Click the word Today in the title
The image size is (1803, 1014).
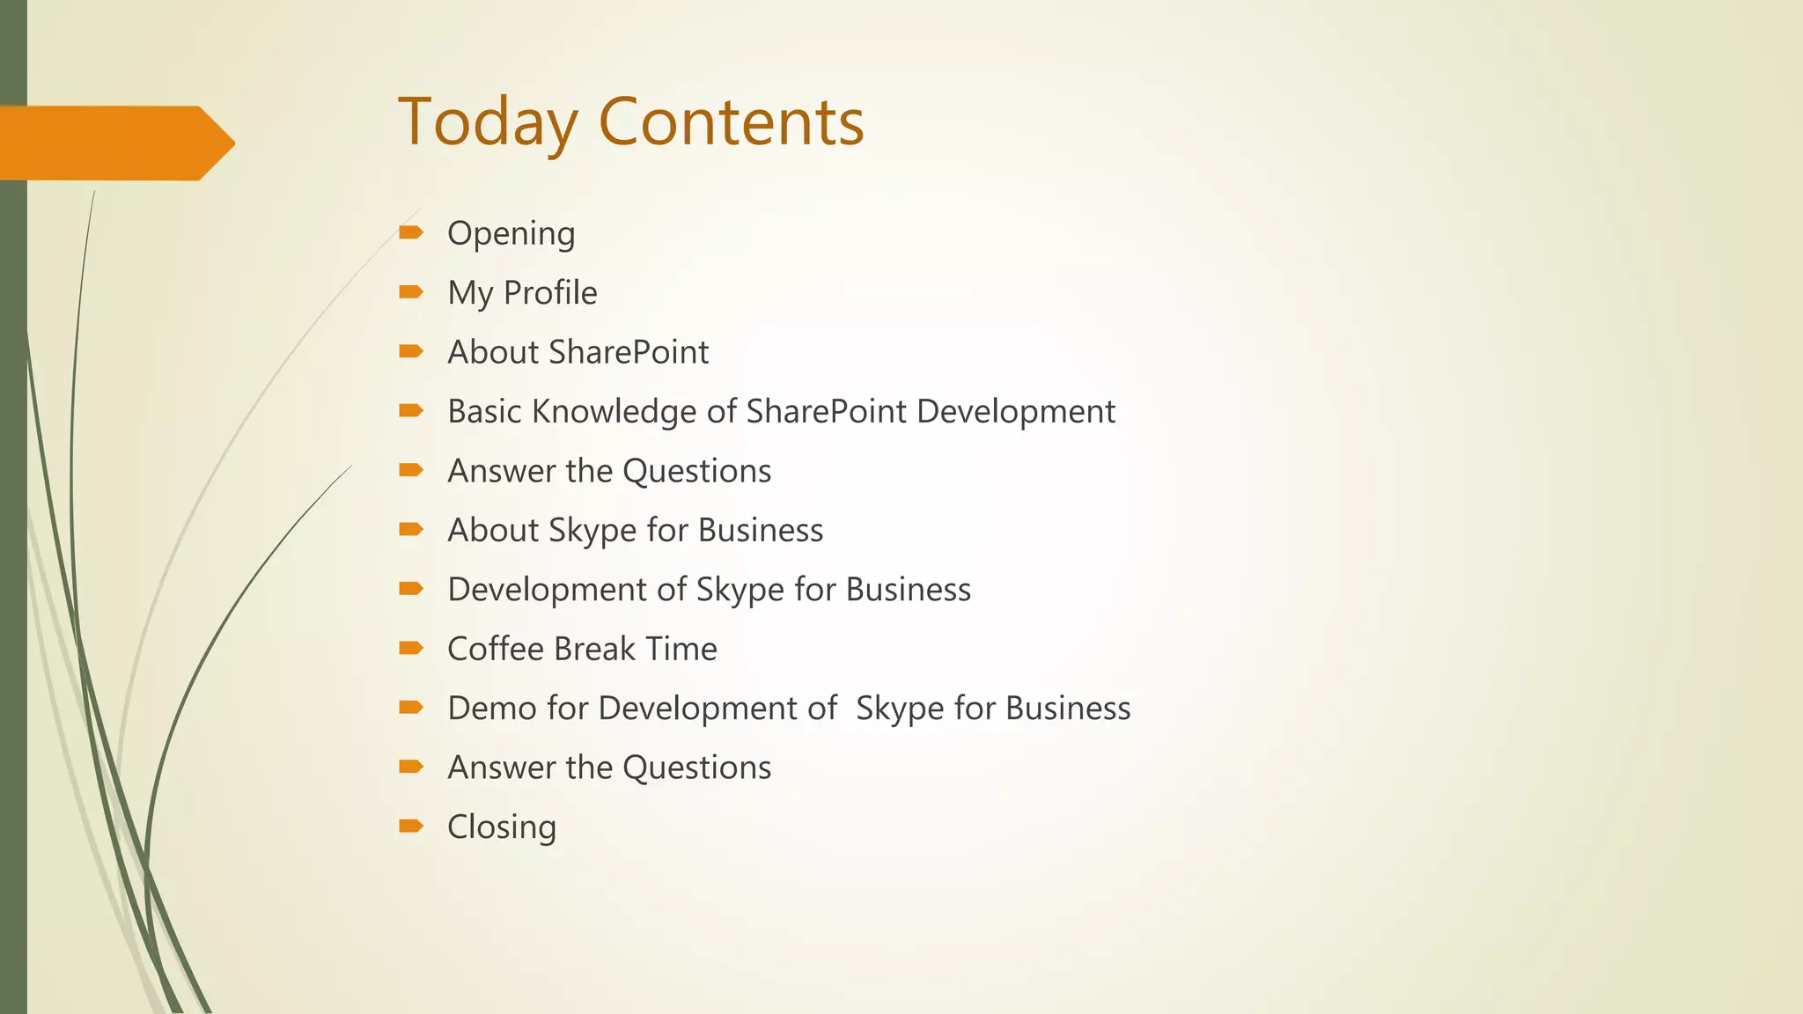coord(488,122)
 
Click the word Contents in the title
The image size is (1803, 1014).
coord(731,122)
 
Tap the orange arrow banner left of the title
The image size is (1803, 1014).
coord(114,143)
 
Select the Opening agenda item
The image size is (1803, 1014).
coord(511,234)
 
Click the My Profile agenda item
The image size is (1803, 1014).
coord(522,293)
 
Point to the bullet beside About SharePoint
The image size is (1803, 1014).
coord(410,351)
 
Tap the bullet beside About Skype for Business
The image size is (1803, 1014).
coord(410,529)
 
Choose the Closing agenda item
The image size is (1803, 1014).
coord(502,827)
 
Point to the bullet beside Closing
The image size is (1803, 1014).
coord(410,826)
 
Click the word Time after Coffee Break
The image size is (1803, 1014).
coord(681,650)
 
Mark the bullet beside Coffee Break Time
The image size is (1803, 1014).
coord(410,648)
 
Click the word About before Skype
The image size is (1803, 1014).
coord(492,531)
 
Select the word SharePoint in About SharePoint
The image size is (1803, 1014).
coord(628,353)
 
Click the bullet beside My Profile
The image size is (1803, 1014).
coord(410,291)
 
